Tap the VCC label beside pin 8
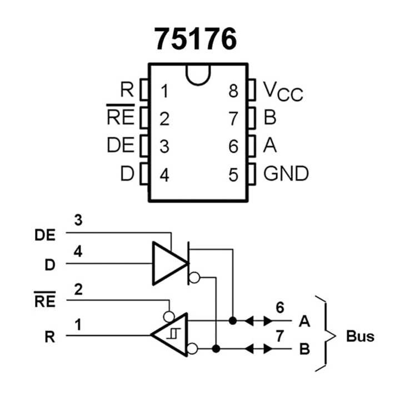tap(283, 91)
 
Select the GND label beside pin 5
tap(286, 174)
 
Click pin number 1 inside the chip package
tap(164, 91)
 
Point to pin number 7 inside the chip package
tap(233, 118)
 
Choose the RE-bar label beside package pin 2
tap(120, 117)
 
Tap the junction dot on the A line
tap(233, 321)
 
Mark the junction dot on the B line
tap(216, 349)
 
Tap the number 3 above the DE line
tap(78, 221)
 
